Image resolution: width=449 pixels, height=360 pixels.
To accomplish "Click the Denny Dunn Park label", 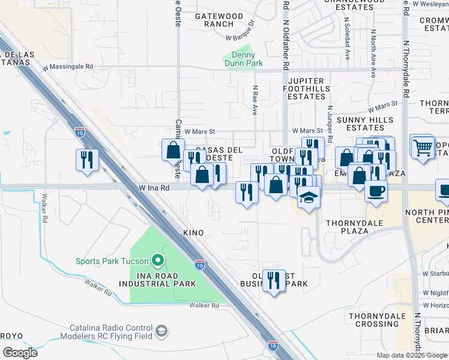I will (244, 58).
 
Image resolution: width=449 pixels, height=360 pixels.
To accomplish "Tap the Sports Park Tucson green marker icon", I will (158, 260).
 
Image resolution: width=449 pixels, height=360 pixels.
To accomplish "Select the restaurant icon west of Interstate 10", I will (87, 160).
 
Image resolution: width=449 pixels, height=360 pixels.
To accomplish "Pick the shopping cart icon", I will (423, 146).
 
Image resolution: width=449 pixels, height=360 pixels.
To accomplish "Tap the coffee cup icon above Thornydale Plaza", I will (376, 191).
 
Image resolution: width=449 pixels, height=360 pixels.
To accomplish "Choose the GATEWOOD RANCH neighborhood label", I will (218, 20).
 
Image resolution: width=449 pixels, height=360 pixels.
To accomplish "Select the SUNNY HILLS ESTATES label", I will (361, 124).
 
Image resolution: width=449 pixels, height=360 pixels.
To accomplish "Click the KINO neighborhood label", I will (193, 232).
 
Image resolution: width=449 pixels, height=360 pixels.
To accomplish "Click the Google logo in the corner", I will (20, 352).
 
